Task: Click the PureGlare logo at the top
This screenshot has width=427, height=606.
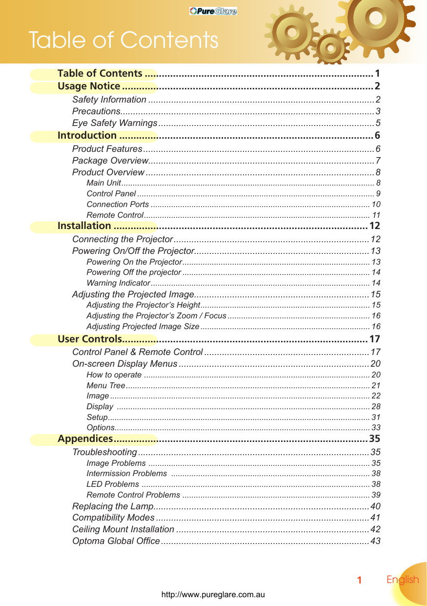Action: pos(213,11)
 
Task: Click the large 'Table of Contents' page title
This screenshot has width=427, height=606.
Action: pos(123,40)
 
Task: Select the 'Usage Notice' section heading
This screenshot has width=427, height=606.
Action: pos(89,87)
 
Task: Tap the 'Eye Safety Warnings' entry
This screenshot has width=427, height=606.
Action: pos(115,123)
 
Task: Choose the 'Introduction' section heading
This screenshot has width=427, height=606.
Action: pos(87,135)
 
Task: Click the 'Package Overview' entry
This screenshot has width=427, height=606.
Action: pos(110,161)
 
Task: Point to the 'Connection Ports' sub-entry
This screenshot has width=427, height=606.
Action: pos(118,205)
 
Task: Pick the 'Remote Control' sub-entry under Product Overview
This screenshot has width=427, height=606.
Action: pos(115,215)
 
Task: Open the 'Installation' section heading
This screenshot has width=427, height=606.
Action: pos(84,226)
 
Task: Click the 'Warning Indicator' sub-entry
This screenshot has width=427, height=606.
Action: pos(118,283)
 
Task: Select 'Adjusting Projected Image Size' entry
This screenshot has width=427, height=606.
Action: pos(142,327)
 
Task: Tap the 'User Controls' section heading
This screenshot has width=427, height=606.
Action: pos(89,339)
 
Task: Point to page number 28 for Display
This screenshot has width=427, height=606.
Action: pos(376,407)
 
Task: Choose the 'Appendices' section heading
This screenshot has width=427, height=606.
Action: pos(85,439)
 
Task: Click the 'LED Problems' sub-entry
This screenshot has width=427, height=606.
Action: pos(113,484)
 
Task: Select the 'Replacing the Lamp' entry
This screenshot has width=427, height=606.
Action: pos(113,506)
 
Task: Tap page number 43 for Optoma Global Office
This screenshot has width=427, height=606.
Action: pos(375,541)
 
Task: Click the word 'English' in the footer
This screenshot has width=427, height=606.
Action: pos(403,580)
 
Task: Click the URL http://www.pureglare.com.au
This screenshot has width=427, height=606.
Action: pos(213,595)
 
